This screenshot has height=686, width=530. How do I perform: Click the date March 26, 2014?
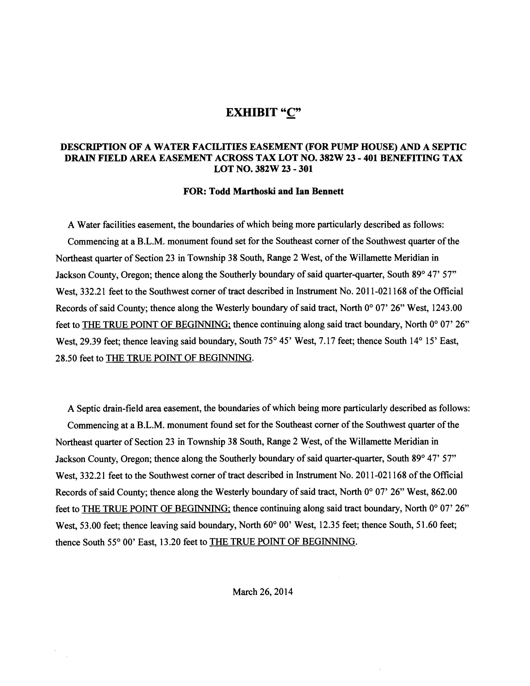click(x=263, y=592)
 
